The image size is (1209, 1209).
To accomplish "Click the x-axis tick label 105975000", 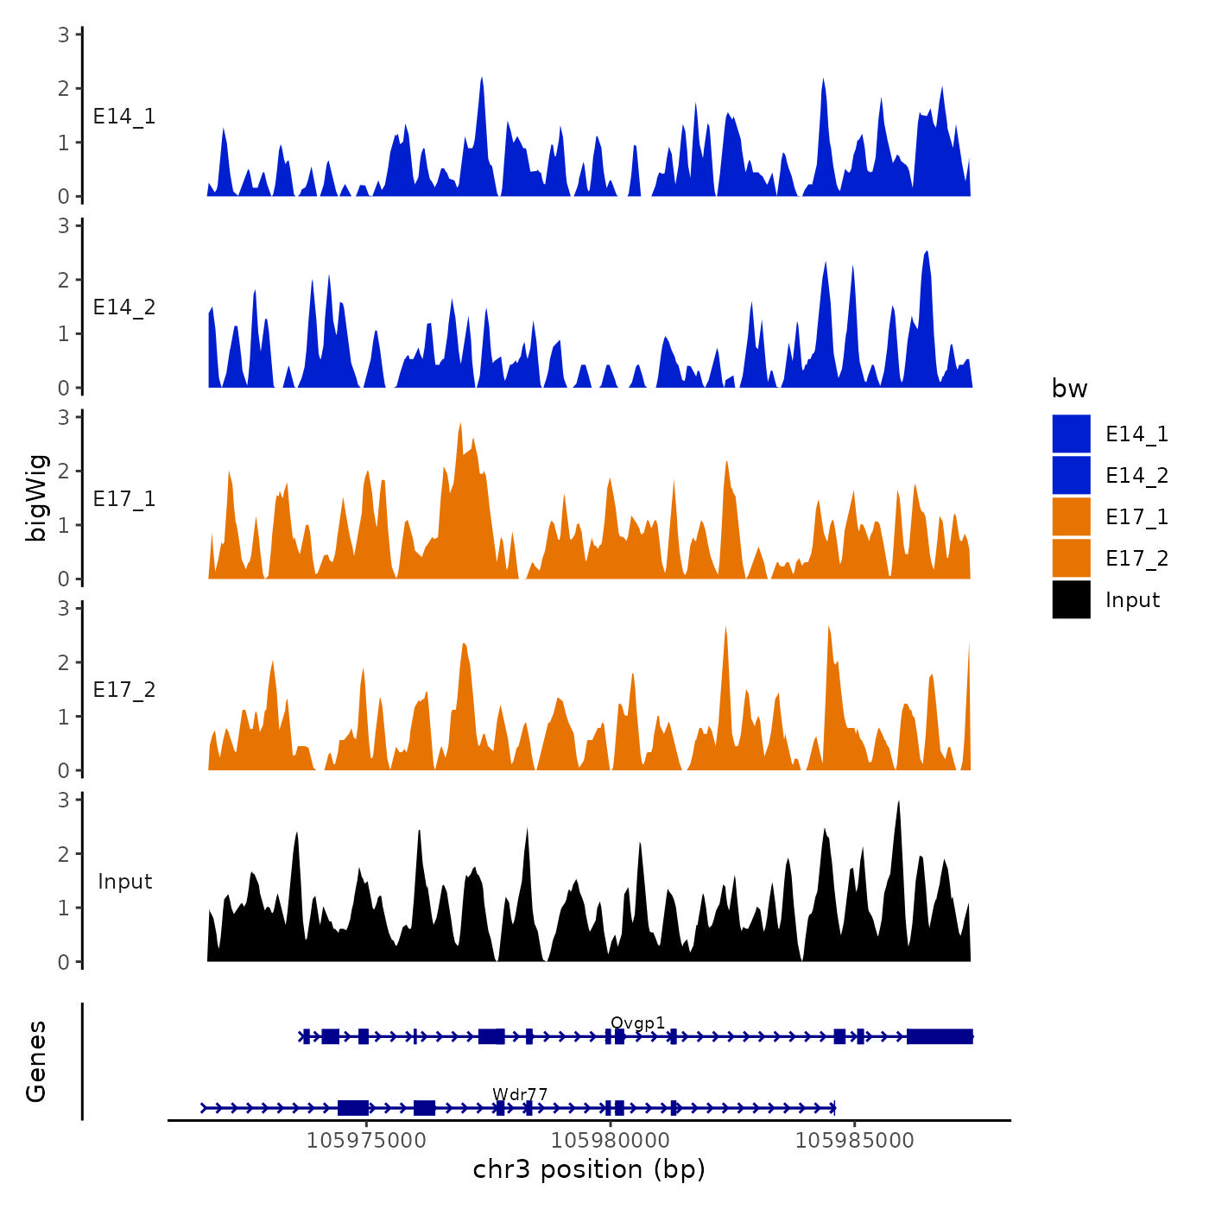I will (x=366, y=1141).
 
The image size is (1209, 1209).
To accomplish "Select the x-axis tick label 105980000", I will (x=611, y=1141).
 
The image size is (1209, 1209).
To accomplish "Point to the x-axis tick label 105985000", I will (x=855, y=1141).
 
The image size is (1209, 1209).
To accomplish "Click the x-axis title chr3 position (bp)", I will (x=589, y=1170).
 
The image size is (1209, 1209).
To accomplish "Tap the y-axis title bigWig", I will (x=36, y=498).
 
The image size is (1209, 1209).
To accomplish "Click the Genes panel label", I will (x=36, y=1061).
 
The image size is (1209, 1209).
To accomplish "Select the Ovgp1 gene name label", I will (x=638, y=1023).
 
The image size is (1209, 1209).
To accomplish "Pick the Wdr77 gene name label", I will (x=520, y=1095).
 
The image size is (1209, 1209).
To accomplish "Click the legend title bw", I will (x=1069, y=389).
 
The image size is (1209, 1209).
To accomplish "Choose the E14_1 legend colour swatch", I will (x=1071, y=434).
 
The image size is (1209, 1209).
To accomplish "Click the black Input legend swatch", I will (x=1071, y=599).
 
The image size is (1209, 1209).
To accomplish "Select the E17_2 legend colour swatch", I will (x=1071, y=558).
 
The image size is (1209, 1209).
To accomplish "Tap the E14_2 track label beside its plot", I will (x=124, y=307).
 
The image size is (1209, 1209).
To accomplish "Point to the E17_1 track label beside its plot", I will (x=124, y=499).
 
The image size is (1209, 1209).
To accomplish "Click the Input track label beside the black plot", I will (x=124, y=882).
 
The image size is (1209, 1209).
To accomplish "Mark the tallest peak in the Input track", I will (x=899, y=803).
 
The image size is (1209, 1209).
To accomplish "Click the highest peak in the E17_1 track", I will (x=461, y=425).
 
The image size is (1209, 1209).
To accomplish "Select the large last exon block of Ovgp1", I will (x=940, y=1036).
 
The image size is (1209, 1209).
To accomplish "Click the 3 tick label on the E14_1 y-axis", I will (x=64, y=35).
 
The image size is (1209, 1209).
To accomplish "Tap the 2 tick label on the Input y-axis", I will (x=64, y=854).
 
